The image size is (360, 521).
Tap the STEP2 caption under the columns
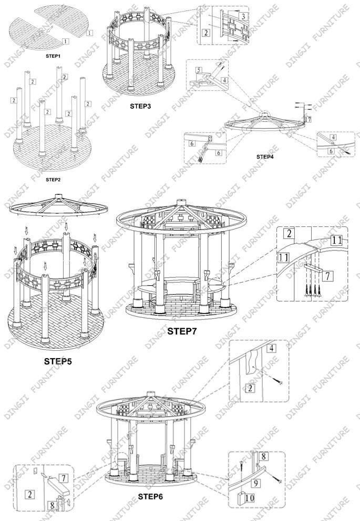click(x=53, y=179)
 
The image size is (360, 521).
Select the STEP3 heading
click(x=140, y=106)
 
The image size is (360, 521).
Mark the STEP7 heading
click(x=182, y=331)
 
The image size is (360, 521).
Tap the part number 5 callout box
click(x=199, y=70)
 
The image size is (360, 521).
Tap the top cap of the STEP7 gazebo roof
click(x=182, y=201)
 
